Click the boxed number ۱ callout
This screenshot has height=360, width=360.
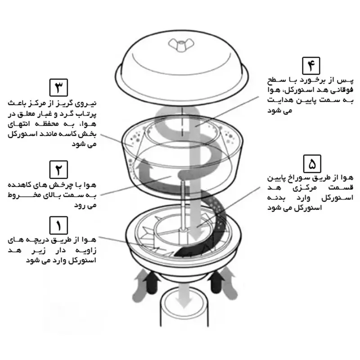[x=58, y=225]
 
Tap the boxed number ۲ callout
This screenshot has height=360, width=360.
[x=58, y=170]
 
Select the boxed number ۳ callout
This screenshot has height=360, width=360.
[x=58, y=87]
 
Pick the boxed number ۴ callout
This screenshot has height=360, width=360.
[x=311, y=66]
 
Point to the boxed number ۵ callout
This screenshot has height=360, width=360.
[x=312, y=164]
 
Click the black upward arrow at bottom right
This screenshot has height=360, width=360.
[x=216, y=282]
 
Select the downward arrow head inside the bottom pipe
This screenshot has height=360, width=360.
[x=184, y=302]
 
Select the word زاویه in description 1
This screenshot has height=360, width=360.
[x=85, y=251]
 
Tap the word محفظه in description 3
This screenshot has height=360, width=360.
[x=48, y=124]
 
